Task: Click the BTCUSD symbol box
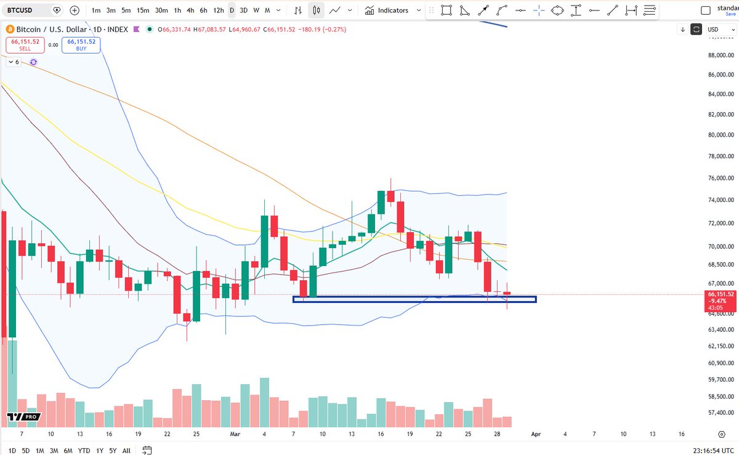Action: [x=25, y=10]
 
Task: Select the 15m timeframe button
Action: [x=142, y=10]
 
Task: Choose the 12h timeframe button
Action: [x=218, y=10]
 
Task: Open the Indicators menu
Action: [x=387, y=10]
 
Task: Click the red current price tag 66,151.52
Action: [x=721, y=294]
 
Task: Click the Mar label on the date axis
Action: [x=235, y=433]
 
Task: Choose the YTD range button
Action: [x=84, y=451]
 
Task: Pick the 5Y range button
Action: [x=113, y=451]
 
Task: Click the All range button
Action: [x=126, y=451]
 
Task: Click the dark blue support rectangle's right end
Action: [x=535, y=300]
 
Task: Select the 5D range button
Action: [x=25, y=451]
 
